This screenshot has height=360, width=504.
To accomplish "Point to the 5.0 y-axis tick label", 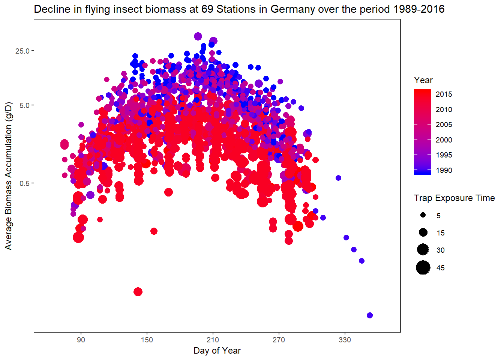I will point(24,105).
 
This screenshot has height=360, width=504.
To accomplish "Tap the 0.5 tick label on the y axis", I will point(24,183).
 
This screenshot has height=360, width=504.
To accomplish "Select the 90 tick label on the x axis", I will point(81,340).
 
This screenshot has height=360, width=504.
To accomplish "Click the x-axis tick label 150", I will point(147,340).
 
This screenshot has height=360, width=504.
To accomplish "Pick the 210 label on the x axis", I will point(213,340).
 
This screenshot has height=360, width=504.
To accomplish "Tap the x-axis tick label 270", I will point(279,340).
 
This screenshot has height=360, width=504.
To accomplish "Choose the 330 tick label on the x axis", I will point(345,340).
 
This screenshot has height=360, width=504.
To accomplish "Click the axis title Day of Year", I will point(217,351).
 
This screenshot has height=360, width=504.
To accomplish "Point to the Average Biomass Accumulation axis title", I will point(8,175).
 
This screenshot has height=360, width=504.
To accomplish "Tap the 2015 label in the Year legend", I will point(444,94).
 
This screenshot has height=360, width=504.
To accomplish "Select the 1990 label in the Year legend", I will point(444,170).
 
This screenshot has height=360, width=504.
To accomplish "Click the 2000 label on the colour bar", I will point(444,140).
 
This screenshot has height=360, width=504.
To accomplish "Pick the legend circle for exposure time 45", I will point(423,268).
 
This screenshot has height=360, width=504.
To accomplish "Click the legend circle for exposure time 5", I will point(423,215).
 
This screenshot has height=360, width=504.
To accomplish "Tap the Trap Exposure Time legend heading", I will point(454,198).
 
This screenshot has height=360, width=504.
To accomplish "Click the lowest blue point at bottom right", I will point(370,315).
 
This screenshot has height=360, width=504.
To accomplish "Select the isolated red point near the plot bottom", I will point(138,292).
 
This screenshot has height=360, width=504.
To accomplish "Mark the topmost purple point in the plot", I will point(198,36).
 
